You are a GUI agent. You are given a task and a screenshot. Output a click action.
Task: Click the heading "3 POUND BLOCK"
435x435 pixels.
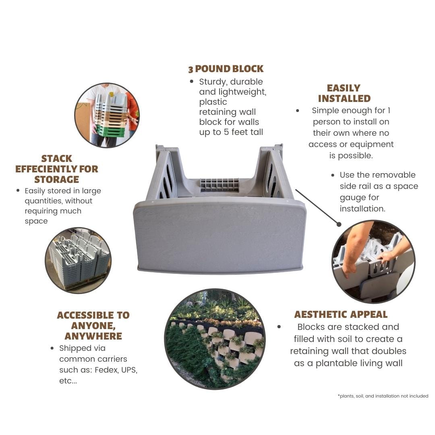pyautogui.click(x=226, y=69)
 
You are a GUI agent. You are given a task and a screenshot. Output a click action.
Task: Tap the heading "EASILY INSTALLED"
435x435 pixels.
pyautogui.click(x=344, y=93)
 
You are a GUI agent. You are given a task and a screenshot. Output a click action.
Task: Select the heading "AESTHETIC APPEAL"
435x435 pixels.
pyautogui.click(x=341, y=314)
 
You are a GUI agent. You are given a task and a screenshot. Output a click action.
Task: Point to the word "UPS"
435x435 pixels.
pyautogui.click(x=129, y=370)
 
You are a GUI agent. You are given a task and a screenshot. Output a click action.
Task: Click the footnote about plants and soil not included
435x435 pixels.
pyautogui.click(x=383, y=396)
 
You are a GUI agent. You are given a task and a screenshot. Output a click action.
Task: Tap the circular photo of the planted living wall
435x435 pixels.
pyautogui.click(x=215, y=339)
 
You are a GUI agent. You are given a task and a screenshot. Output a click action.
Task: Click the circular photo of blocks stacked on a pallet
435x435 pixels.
pyautogui.click(x=78, y=260)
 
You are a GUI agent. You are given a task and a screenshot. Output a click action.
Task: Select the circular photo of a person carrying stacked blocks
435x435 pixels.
pyautogui.click(x=107, y=115)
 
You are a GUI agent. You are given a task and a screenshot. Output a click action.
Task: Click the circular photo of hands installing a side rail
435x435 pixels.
pyautogui.click(x=373, y=261)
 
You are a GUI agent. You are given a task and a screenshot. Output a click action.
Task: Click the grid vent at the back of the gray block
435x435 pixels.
pyautogui.click(x=220, y=185)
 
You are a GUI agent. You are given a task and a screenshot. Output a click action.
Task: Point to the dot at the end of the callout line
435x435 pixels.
pyautogui.click(x=339, y=224)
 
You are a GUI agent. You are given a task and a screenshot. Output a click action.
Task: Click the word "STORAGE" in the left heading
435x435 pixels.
pyautogui.click(x=57, y=180)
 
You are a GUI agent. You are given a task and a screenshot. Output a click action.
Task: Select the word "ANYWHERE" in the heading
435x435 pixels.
pyautogui.click(x=93, y=336)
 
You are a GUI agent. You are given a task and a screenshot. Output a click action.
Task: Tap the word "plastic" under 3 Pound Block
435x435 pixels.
pyautogui.click(x=213, y=102)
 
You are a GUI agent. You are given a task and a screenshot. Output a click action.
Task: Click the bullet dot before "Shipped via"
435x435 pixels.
pyautogui.click(x=52, y=348)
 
